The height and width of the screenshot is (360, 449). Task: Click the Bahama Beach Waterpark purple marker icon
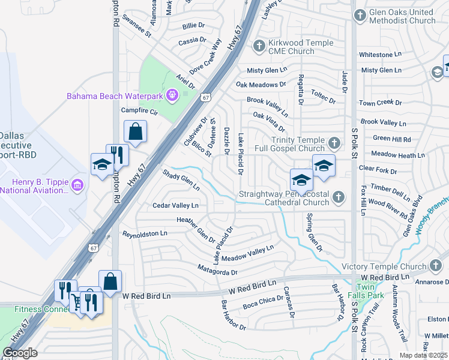pos(172,95)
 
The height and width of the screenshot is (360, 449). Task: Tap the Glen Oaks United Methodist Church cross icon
pos(360,15)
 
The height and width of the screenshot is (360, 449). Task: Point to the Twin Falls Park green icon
pos(361,284)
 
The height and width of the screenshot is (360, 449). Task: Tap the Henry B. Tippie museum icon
pos(76,185)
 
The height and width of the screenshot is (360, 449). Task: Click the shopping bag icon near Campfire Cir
pos(136,131)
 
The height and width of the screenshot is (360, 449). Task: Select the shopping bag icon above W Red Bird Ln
pos(110,281)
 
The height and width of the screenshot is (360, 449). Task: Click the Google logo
pos(20,352)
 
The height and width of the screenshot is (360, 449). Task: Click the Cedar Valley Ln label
pos(175,205)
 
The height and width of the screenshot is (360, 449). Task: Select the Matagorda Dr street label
pos(217,271)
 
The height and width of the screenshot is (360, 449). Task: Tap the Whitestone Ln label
pos(384,55)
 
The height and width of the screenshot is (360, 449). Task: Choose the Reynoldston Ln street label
pos(145,233)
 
